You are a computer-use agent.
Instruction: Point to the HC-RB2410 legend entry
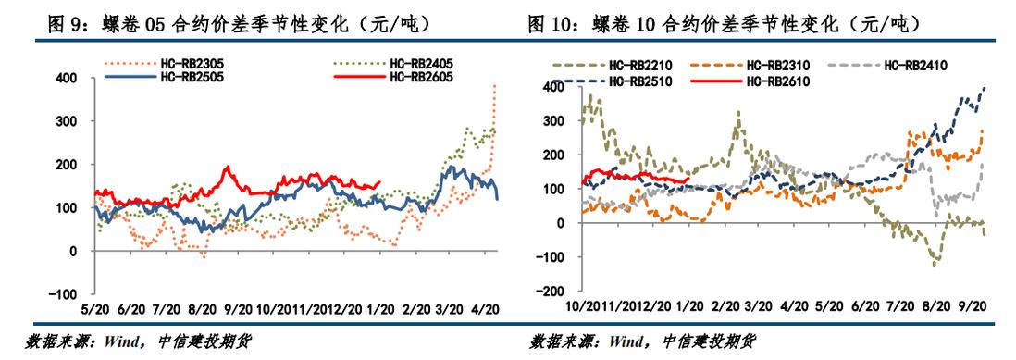coord(915,65)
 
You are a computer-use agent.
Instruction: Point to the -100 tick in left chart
coord(63,294)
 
